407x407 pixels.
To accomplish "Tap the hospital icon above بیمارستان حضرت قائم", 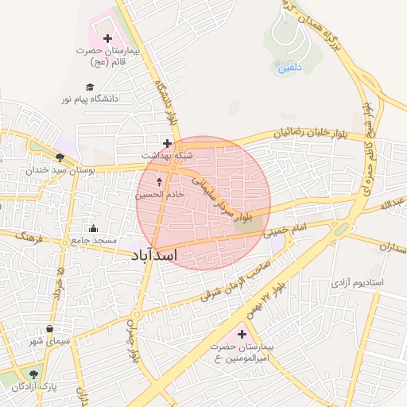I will [108, 38].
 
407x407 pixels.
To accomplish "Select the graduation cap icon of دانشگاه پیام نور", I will [90, 87].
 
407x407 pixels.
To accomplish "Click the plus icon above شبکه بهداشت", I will [167, 143].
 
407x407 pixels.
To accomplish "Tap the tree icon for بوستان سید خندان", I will [60, 157].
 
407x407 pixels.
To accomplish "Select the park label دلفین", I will [290, 68].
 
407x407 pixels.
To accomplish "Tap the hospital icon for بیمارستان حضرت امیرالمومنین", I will [242, 335].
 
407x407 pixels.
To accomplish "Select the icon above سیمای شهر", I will [50, 328].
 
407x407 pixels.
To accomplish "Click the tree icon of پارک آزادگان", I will [33, 374].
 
